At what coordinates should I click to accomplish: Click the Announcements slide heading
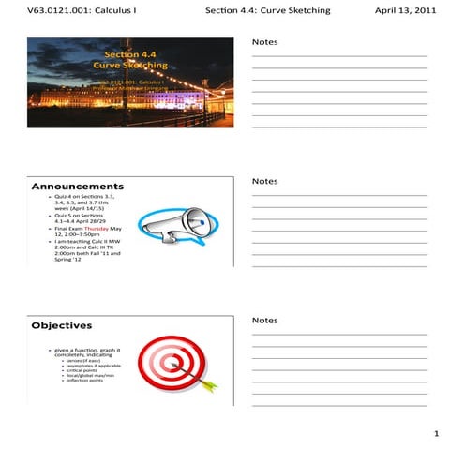click(x=77, y=187)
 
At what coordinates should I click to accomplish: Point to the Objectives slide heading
click(x=62, y=326)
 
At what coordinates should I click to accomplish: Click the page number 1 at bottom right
click(x=436, y=435)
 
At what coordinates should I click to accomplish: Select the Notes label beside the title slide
click(x=265, y=43)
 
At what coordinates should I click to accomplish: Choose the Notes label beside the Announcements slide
click(x=265, y=181)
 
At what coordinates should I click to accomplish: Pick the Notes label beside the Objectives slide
click(x=265, y=321)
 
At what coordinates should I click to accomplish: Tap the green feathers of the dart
click(x=209, y=383)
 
